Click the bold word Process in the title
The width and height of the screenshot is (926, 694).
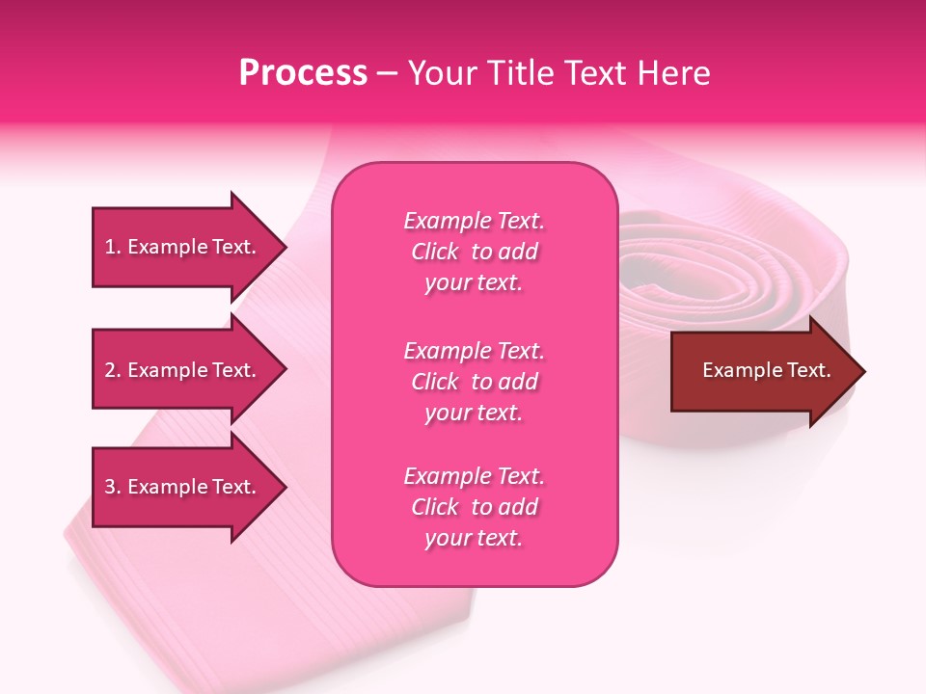tap(303, 73)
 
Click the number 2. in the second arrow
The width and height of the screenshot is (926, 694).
tap(112, 370)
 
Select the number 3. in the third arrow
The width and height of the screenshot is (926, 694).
tap(112, 487)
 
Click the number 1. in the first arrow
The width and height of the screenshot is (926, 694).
tap(112, 247)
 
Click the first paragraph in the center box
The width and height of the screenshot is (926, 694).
tap(474, 252)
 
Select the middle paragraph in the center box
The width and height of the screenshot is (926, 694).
tap(474, 382)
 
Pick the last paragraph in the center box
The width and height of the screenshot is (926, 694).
tap(474, 507)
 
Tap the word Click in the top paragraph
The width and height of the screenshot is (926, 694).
tap(435, 252)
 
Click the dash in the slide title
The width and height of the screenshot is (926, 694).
tap(387, 74)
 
